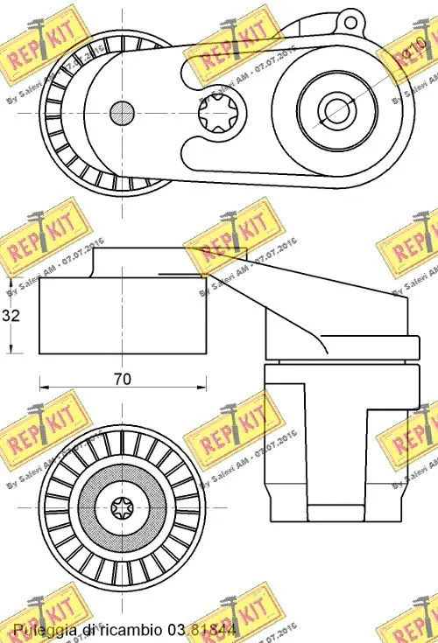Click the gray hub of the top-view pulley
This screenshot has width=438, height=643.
point(122,112)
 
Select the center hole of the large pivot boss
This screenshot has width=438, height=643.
point(334,109)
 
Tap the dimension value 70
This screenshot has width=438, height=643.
point(122,379)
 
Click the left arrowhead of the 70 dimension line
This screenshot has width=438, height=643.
point(45,385)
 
